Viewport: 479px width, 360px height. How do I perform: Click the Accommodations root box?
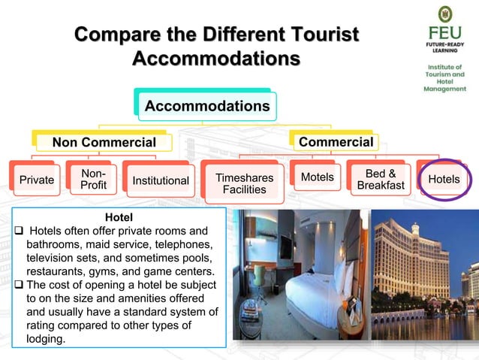click(206, 106)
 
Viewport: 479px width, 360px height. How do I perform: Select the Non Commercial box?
click(104, 142)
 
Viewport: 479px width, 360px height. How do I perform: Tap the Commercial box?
click(335, 141)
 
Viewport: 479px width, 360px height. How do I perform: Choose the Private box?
click(36, 180)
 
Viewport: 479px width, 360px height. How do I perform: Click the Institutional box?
click(161, 180)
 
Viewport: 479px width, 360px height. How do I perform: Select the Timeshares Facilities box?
click(244, 183)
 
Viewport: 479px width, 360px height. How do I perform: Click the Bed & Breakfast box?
click(381, 180)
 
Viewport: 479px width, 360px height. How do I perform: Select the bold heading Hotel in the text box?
click(119, 218)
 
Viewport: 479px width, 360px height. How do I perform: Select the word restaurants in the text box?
click(57, 271)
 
